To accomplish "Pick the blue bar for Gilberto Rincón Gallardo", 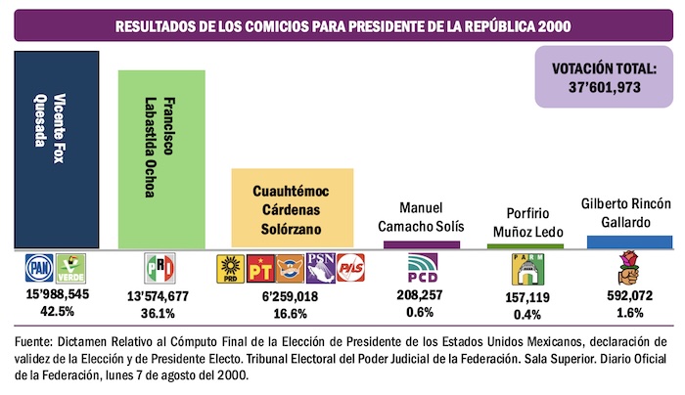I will pyautogui.click(x=629, y=241).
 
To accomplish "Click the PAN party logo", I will pyautogui.click(x=39, y=268).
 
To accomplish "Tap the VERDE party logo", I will pyautogui.click(x=68, y=268).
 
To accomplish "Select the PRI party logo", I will pyautogui.click(x=159, y=268).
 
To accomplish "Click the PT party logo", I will pyautogui.click(x=257, y=269).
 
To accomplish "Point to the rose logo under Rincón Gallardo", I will pyautogui.click(x=629, y=267).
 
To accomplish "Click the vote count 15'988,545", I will pyautogui.click(x=55, y=293).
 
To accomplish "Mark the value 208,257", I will pyautogui.click(x=408, y=293).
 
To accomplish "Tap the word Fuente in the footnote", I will pyautogui.click(x=35, y=342).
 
